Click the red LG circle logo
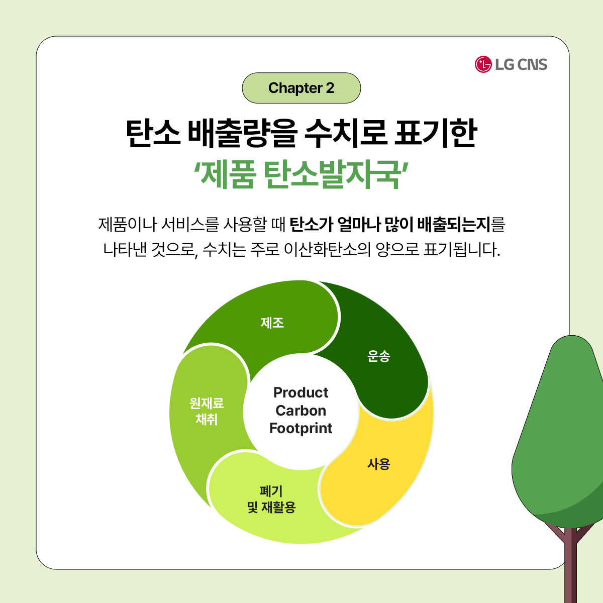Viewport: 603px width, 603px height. [x=483, y=64]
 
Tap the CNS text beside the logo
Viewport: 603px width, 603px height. [x=532, y=65]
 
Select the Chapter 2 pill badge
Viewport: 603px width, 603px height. [x=301, y=88]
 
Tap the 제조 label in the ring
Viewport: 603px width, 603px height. [x=272, y=323]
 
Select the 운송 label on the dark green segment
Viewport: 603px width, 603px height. [x=379, y=356]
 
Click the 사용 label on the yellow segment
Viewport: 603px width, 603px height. [x=379, y=464]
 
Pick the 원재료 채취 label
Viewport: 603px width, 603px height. [x=207, y=411]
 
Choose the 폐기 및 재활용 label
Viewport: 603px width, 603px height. [x=271, y=499]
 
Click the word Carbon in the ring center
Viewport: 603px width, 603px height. [x=300, y=410]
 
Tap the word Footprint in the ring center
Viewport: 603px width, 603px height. [x=300, y=429]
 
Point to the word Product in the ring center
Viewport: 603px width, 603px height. [x=300, y=392]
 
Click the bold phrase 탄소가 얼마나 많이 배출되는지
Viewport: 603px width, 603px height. [x=390, y=224]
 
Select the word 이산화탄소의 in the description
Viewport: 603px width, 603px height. [x=327, y=250]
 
